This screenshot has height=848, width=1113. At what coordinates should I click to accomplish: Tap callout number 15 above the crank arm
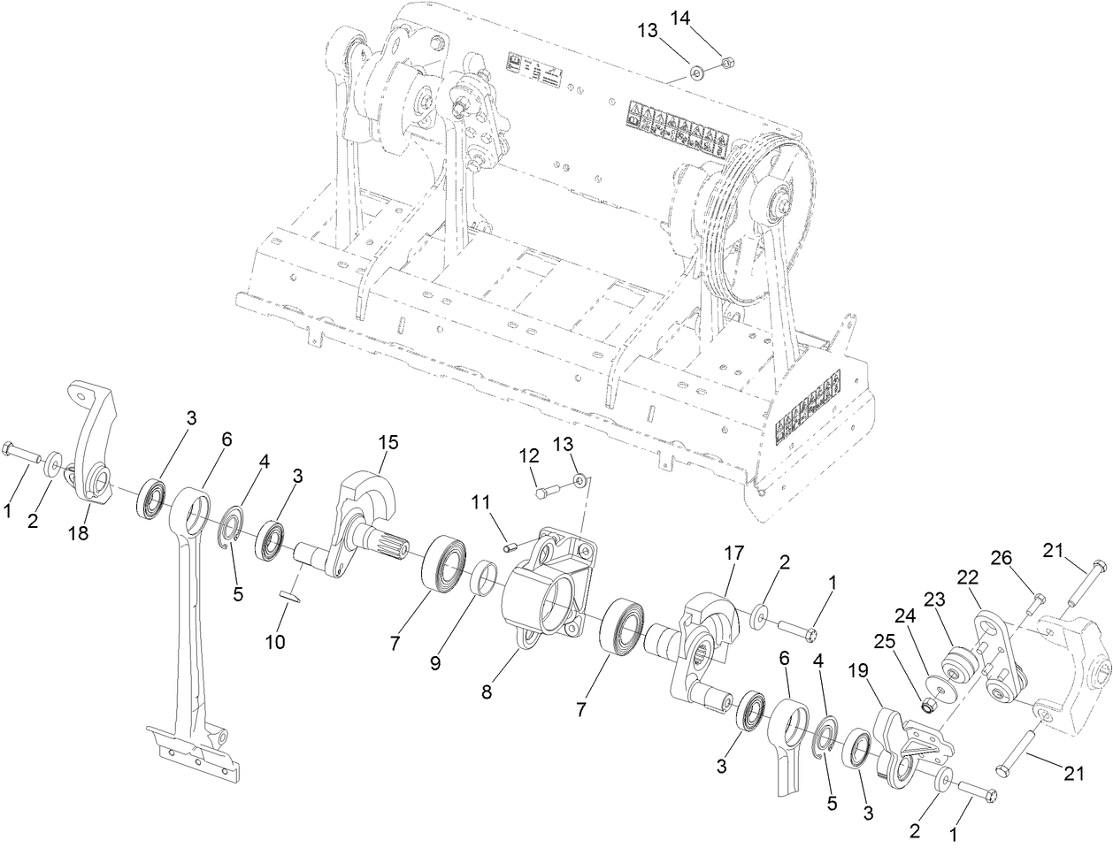pyautogui.click(x=387, y=440)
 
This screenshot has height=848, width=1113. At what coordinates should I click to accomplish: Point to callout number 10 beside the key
pyautogui.click(x=274, y=642)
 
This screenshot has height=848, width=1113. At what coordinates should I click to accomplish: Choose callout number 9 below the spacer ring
pyautogui.click(x=435, y=662)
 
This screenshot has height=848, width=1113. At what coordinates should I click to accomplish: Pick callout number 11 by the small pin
pyautogui.click(x=480, y=502)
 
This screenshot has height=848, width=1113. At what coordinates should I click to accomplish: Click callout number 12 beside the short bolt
pyautogui.click(x=528, y=456)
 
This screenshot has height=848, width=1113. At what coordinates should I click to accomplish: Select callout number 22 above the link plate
pyautogui.click(x=969, y=576)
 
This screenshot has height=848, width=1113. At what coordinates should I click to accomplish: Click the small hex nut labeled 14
pyautogui.click(x=726, y=62)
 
